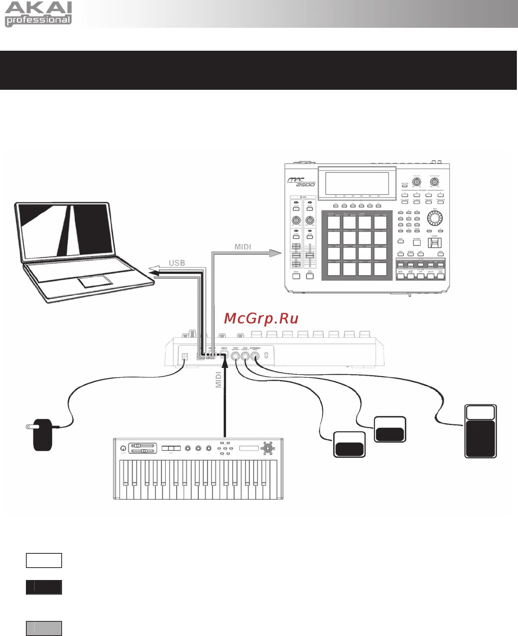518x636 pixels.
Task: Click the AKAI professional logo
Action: click(38, 14)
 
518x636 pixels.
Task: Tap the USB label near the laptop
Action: click(177, 263)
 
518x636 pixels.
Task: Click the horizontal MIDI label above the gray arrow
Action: click(243, 247)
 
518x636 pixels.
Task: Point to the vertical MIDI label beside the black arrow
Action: click(218, 379)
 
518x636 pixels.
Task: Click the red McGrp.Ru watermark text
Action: click(261, 319)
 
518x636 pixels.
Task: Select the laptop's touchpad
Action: click(95, 281)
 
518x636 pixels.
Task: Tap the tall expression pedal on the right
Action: click(480, 431)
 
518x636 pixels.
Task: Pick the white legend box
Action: click(44, 560)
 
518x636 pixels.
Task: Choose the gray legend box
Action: click(44, 628)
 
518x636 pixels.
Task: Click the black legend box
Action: click(44, 587)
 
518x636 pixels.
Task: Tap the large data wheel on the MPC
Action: click(435, 218)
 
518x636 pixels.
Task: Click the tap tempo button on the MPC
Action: click(417, 242)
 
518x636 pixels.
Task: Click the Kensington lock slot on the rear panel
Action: click(266, 355)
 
